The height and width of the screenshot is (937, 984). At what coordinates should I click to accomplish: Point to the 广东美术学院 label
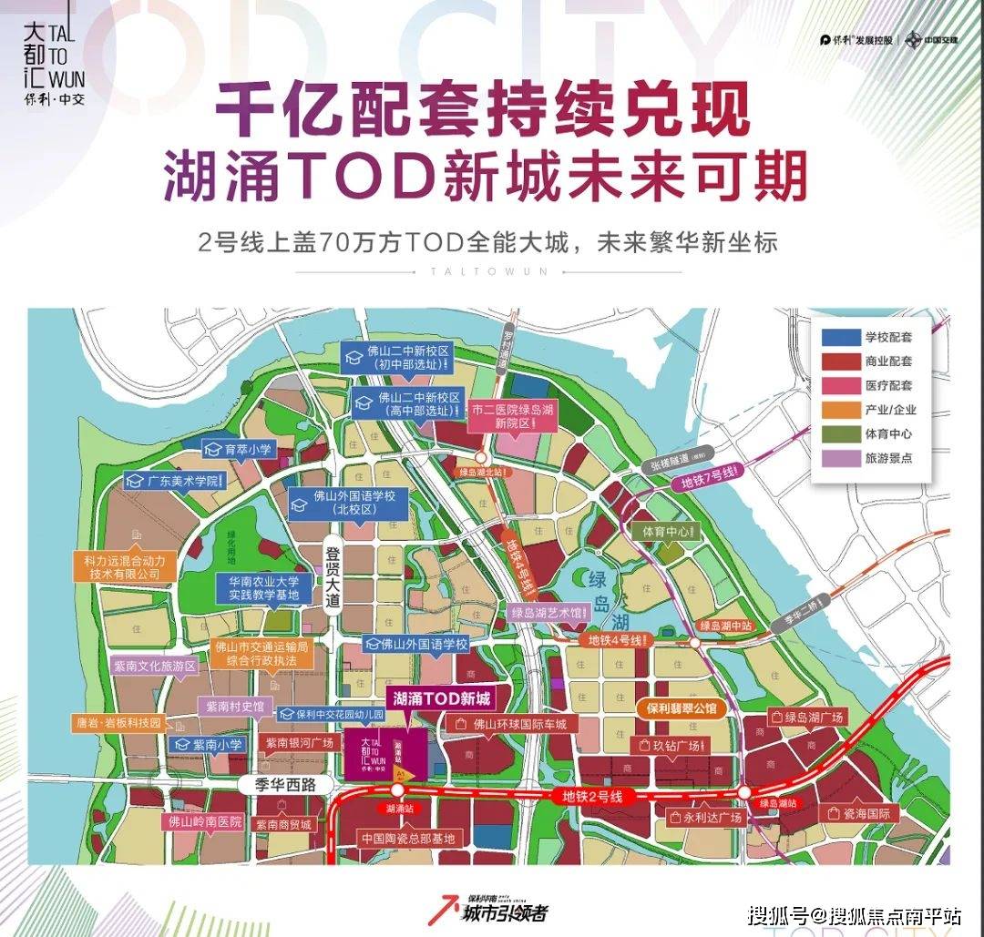tap(174, 481)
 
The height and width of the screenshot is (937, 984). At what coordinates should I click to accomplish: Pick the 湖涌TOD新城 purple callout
tap(441, 699)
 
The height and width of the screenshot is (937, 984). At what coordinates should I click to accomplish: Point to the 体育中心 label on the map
tap(667, 531)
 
